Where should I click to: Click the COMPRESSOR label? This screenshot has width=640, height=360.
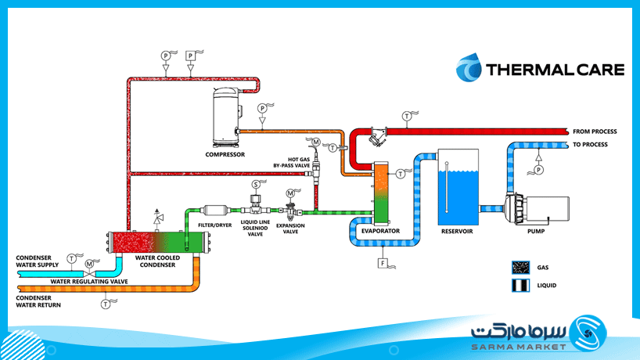(225, 155)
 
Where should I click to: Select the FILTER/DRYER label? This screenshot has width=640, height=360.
(214, 225)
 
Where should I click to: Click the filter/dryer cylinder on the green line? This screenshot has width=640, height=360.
(215, 211)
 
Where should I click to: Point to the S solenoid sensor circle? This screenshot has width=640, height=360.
(256, 185)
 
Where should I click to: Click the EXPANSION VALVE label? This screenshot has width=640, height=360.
(290, 229)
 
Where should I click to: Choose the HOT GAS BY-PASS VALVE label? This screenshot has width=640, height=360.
(291, 163)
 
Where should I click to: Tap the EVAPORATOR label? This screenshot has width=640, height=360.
(380, 231)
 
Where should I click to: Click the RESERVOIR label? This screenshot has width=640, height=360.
(457, 232)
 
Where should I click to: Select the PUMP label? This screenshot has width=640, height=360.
(536, 232)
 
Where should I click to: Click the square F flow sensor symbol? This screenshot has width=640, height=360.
(383, 263)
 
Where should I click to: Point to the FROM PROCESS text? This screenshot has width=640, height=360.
(595, 131)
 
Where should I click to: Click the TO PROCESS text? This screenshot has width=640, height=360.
(590, 145)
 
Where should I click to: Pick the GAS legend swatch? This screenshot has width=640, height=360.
(521, 268)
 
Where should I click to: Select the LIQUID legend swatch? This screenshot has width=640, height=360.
(521, 286)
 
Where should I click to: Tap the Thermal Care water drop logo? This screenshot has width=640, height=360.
(469, 67)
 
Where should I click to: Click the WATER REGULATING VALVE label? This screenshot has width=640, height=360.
(89, 282)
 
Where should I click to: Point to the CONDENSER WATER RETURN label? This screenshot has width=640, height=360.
(38, 301)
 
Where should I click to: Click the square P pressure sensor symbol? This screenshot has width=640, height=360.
(190, 56)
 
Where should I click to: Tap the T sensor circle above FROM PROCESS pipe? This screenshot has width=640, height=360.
(407, 117)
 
